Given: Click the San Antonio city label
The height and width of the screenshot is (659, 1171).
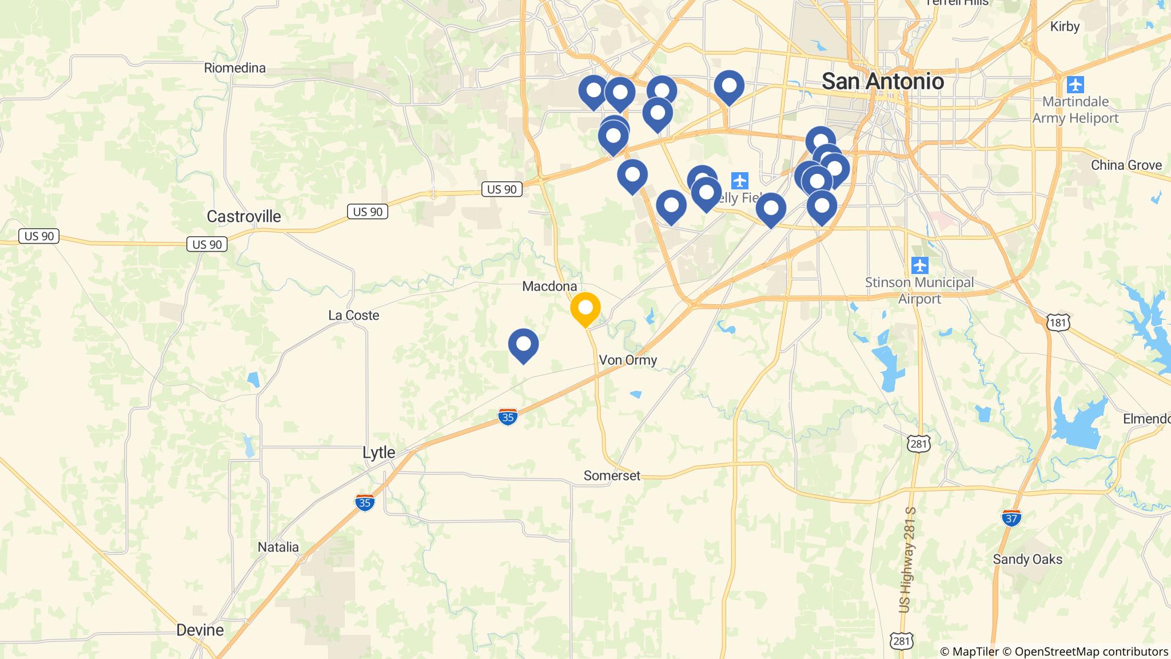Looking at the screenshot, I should click(882, 81).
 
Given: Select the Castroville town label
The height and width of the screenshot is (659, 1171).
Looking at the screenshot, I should click(244, 216).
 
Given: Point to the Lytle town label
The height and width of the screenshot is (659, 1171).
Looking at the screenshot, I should click(379, 452).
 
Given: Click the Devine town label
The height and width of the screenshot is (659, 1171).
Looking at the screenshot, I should click(200, 630).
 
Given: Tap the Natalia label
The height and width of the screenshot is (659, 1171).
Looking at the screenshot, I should click(278, 547).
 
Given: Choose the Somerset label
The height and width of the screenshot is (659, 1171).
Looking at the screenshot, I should click(612, 475).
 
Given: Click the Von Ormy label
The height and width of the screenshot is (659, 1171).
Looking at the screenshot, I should click(628, 360).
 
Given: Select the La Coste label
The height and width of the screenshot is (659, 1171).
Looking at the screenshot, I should click(353, 315).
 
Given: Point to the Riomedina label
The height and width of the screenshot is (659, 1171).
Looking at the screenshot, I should click(234, 68).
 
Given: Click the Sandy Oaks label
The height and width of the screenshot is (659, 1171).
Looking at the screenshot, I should click(1027, 559).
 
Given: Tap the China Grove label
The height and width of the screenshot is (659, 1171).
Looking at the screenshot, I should click(1126, 165).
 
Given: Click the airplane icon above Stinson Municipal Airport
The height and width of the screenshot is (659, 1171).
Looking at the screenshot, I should click(919, 265).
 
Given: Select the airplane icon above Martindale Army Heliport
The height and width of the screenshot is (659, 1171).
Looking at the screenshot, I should click(1075, 85).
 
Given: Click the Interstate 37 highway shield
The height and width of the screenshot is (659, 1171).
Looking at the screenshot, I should click(1011, 518).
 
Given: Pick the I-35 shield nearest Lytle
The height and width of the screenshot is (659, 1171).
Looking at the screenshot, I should click(365, 502).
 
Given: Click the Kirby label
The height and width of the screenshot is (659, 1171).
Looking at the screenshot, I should click(1065, 26).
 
